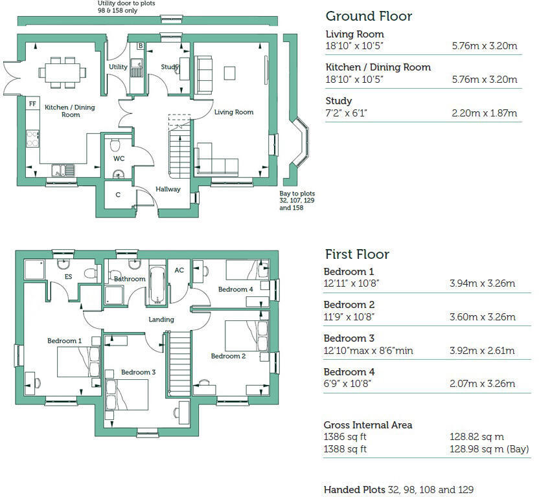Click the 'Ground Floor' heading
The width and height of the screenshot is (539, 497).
pyautogui.click(x=368, y=16)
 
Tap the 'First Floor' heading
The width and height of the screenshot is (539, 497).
pyautogui.click(x=356, y=254)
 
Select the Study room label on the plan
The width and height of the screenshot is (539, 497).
pyautogui.click(x=170, y=67)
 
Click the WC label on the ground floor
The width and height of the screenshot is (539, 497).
pyautogui.click(x=119, y=158)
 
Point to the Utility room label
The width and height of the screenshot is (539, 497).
pyautogui.click(x=118, y=67)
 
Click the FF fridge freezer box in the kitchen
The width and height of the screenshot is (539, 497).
pyautogui.click(x=32, y=104)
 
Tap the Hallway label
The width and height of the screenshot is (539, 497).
pyautogui.click(x=167, y=189)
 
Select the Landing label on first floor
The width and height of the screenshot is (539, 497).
pyautogui.click(x=161, y=320)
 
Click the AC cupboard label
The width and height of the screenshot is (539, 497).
pyautogui.click(x=180, y=271)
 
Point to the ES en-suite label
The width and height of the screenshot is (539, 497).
pyautogui.click(x=68, y=276)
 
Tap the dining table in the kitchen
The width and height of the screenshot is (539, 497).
pyautogui.click(x=63, y=71)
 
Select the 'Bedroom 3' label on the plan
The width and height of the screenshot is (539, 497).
pyautogui.click(x=138, y=372)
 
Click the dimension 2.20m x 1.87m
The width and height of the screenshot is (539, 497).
pyautogui.click(x=484, y=113)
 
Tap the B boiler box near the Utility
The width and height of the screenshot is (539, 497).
pyautogui.click(x=140, y=47)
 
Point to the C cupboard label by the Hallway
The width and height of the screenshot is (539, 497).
pyautogui.click(x=118, y=195)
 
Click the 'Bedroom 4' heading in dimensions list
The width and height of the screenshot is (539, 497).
pyautogui.click(x=349, y=372)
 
